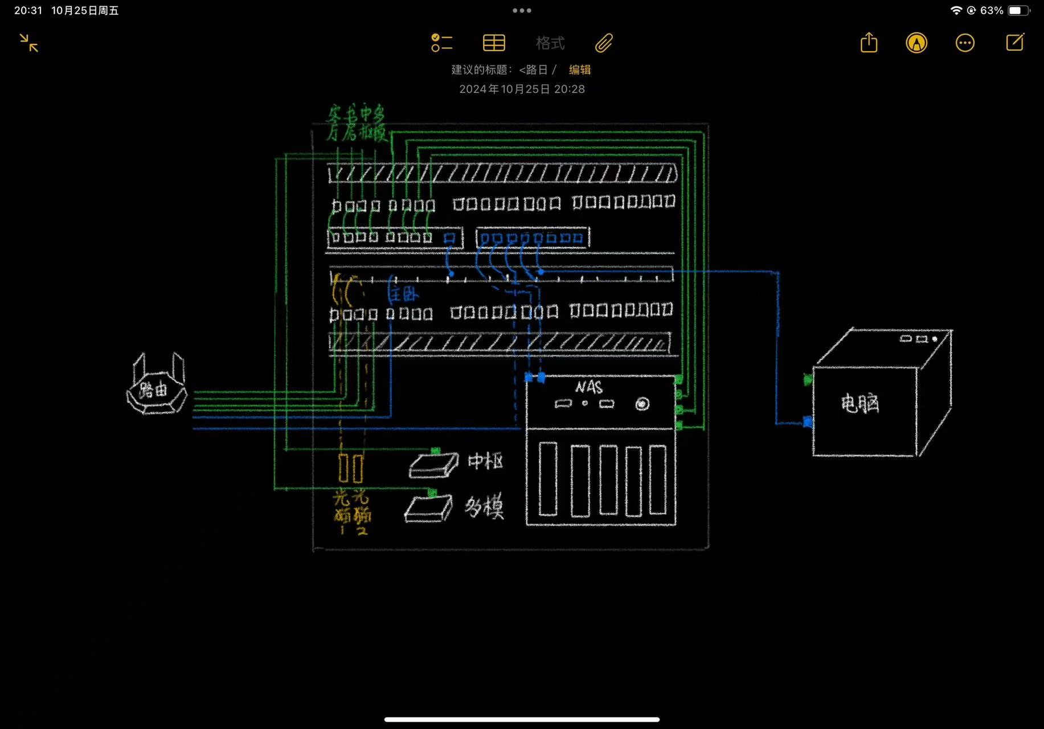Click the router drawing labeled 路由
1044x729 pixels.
(156, 388)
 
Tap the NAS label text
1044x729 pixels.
(589, 387)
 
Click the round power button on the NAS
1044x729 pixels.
(642, 404)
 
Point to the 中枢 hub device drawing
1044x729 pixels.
(434, 464)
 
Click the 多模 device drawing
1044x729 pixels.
(428, 508)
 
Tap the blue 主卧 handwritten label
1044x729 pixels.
(403, 294)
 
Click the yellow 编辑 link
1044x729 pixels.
(579, 69)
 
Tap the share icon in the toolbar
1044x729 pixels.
(869, 43)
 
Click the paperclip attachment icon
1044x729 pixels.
(604, 43)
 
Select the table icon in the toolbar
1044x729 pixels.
(494, 43)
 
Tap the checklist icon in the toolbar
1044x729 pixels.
(441, 43)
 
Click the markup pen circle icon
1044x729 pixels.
(916, 43)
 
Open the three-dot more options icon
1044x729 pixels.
(965, 43)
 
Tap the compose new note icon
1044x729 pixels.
(1015, 42)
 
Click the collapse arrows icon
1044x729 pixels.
(28, 43)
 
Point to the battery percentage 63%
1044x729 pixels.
(992, 10)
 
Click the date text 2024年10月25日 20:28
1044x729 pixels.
(522, 89)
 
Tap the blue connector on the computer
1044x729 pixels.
(807, 422)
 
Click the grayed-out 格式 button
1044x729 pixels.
(550, 43)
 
